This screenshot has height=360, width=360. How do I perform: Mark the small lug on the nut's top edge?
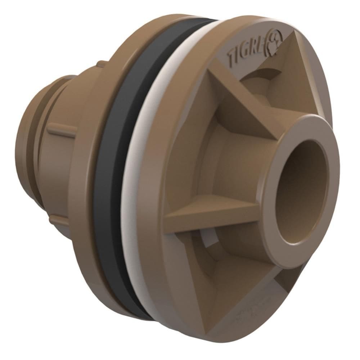(101, 64)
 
